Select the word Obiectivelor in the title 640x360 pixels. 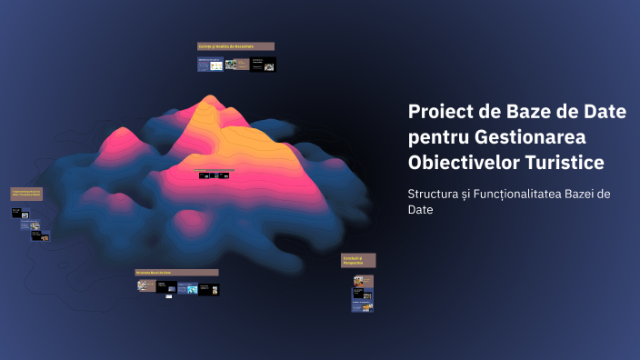tap(464, 162)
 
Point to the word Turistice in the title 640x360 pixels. tap(566, 162)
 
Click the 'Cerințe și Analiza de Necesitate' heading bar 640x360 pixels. tap(235, 46)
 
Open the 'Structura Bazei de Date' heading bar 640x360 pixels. tap(176, 272)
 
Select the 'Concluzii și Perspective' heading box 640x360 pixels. tap(358, 260)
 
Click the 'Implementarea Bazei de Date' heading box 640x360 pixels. tap(27, 194)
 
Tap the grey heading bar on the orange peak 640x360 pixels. tap(214, 169)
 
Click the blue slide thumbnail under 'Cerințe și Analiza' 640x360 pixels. tap(210, 65)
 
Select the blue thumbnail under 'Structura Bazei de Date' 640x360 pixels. tap(187, 288)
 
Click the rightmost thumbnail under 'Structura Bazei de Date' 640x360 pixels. tap(209, 288)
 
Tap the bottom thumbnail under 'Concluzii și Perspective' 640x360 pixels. tap(363, 307)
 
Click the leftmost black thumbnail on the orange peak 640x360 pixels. tap(205, 175)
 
